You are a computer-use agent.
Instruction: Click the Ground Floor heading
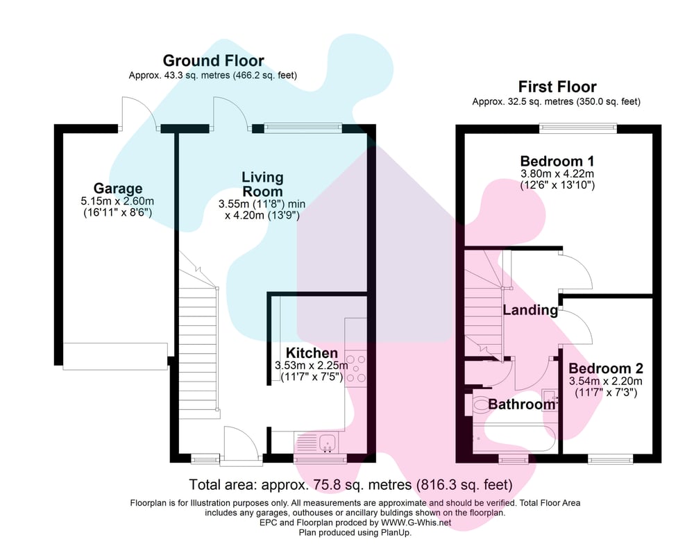coord(213,60)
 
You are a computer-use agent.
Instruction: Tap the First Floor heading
coord(557,86)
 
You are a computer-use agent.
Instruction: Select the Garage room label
coord(118,189)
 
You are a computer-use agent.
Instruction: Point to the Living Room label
coord(262,184)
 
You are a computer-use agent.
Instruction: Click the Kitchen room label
coord(312,352)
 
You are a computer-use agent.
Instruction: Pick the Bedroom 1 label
coord(557,161)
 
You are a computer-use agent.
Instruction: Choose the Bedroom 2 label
coord(605,368)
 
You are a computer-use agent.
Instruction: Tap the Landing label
coord(530,310)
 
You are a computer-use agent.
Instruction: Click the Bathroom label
coord(521,404)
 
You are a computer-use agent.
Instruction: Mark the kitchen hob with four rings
coord(356,368)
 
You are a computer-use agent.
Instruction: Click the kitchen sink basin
coord(328,442)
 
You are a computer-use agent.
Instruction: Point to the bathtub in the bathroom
coord(514,438)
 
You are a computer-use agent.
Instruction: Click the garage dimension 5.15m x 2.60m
coord(117,201)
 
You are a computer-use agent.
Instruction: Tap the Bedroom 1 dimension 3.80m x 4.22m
coord(557,174)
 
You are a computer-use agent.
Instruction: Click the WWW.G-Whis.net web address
coord(416,522)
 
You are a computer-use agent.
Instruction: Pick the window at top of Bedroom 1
coord(578,128)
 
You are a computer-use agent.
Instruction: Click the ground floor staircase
coord(198,341)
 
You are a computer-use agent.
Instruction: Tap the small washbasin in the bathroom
coord(549,400)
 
